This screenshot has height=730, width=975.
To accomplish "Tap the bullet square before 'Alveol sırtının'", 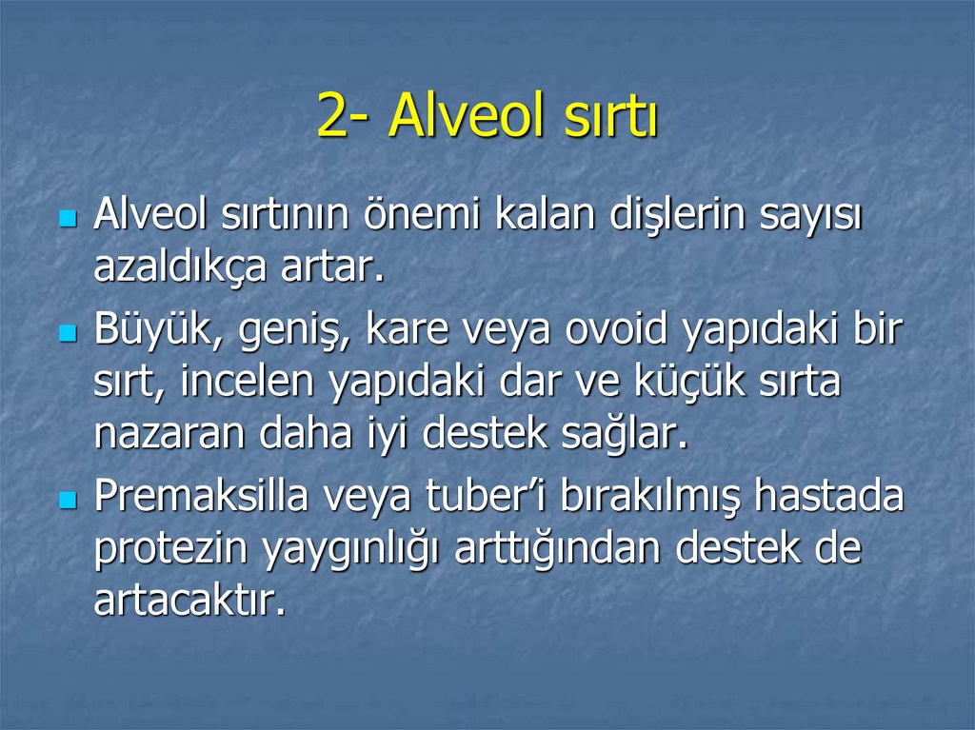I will [x=67, y=219].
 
